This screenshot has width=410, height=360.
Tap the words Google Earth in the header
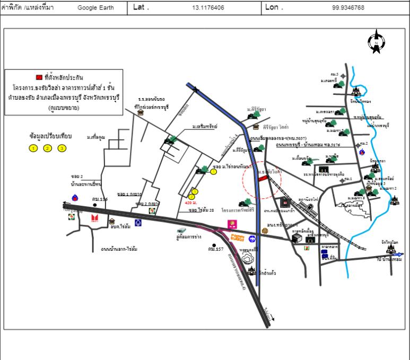point(94,8)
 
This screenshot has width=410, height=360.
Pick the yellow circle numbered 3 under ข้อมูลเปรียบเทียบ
point(62,148)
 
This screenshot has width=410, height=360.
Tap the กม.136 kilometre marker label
point(99,199)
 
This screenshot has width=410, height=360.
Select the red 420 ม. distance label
point(191,203)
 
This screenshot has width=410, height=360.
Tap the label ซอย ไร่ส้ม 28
point(201,210)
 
